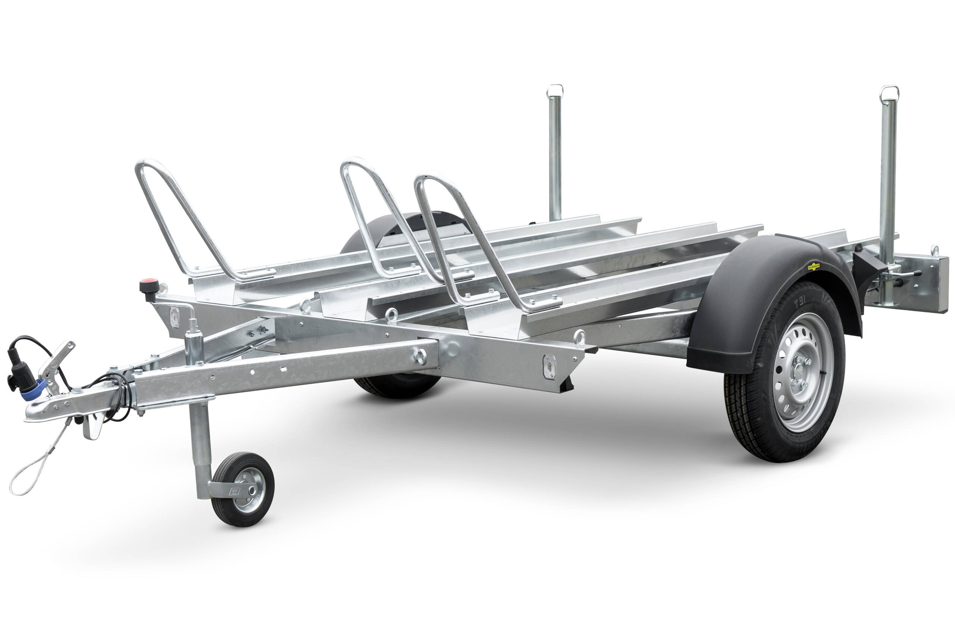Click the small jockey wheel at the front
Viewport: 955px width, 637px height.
point(243,489)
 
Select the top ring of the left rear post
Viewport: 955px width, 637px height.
point(555,91)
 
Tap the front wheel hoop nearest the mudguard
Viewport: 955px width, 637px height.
point(467,236)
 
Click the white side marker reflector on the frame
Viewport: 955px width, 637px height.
point(549,366)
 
